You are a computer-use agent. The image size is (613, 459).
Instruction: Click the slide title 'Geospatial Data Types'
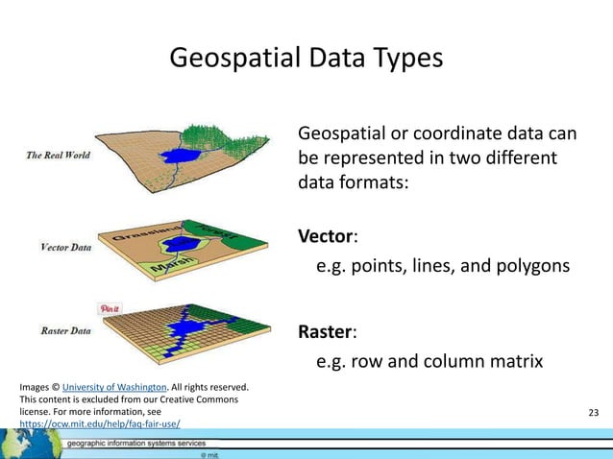coord(306,59)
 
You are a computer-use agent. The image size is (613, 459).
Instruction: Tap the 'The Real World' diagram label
coord(59,155)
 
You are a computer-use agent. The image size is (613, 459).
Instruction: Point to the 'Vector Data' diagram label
coord(66,247)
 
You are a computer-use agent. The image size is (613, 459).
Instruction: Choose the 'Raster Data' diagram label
coord(66,331)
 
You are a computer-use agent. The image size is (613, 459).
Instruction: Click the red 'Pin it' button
coord(110,308)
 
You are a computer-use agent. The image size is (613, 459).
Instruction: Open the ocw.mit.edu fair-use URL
coord(100,423)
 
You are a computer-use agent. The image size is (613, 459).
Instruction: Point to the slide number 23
coord(592,413)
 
